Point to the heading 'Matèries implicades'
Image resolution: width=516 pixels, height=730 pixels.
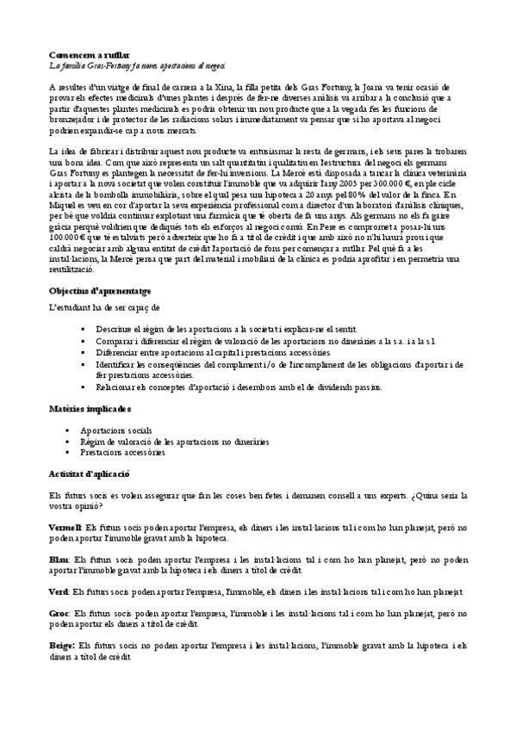click(90, 410)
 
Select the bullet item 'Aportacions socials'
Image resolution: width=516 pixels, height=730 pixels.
click(116, 429)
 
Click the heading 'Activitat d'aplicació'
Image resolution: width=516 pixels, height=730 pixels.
click(88, 473)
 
